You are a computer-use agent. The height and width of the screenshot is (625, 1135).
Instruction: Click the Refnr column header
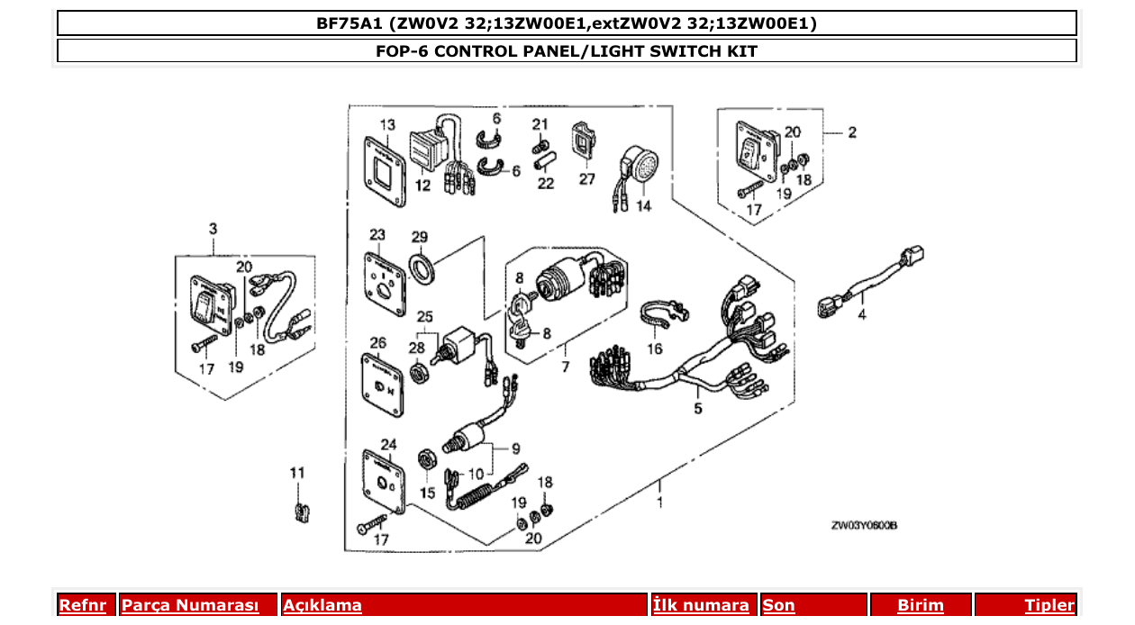coord(82,606)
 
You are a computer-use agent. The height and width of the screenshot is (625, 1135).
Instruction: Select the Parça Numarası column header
coord(190,606)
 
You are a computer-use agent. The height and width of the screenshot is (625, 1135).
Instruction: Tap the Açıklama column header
coord(322,606)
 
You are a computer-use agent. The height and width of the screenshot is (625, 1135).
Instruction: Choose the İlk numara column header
coord(701,606)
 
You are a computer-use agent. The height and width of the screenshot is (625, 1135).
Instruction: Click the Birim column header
coord(920,606)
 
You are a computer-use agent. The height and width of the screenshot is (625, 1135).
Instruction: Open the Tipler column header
coord(1049,606)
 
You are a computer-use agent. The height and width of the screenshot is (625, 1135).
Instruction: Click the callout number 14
coord(643,205)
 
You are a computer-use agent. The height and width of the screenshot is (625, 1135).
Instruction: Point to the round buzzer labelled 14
coord(641,168)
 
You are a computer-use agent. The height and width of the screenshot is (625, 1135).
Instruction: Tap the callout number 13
coord(387,124)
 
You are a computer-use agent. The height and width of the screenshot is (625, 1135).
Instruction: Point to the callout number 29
coord(420,237)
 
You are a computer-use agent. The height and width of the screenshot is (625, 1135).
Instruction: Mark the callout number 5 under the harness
coord(697,410)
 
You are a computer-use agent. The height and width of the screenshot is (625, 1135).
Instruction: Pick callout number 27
coord(587,178)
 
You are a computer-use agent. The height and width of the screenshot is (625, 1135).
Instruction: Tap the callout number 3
coord(213,229)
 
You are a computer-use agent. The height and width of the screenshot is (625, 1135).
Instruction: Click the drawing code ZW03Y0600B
coord(865,526)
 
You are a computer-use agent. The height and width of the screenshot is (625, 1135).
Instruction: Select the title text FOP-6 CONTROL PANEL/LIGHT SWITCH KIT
coord(567,51)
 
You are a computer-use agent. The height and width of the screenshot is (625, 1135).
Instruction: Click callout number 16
coord(654,349)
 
